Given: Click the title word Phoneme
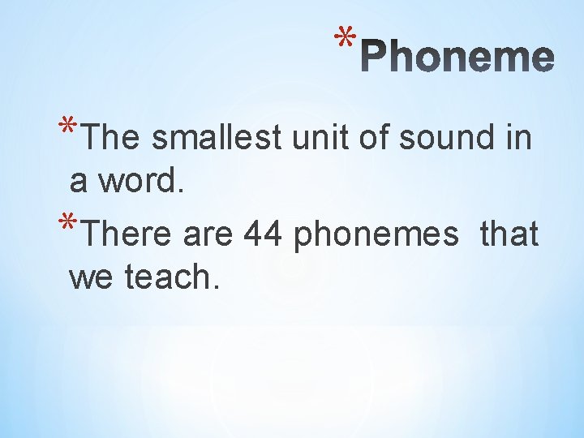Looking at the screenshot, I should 457,57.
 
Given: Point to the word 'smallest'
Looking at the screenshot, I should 216,138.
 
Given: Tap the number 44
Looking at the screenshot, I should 263,234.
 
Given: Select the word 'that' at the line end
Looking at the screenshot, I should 509,234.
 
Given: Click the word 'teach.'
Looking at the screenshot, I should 172,277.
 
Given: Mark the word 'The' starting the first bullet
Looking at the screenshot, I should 112,138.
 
